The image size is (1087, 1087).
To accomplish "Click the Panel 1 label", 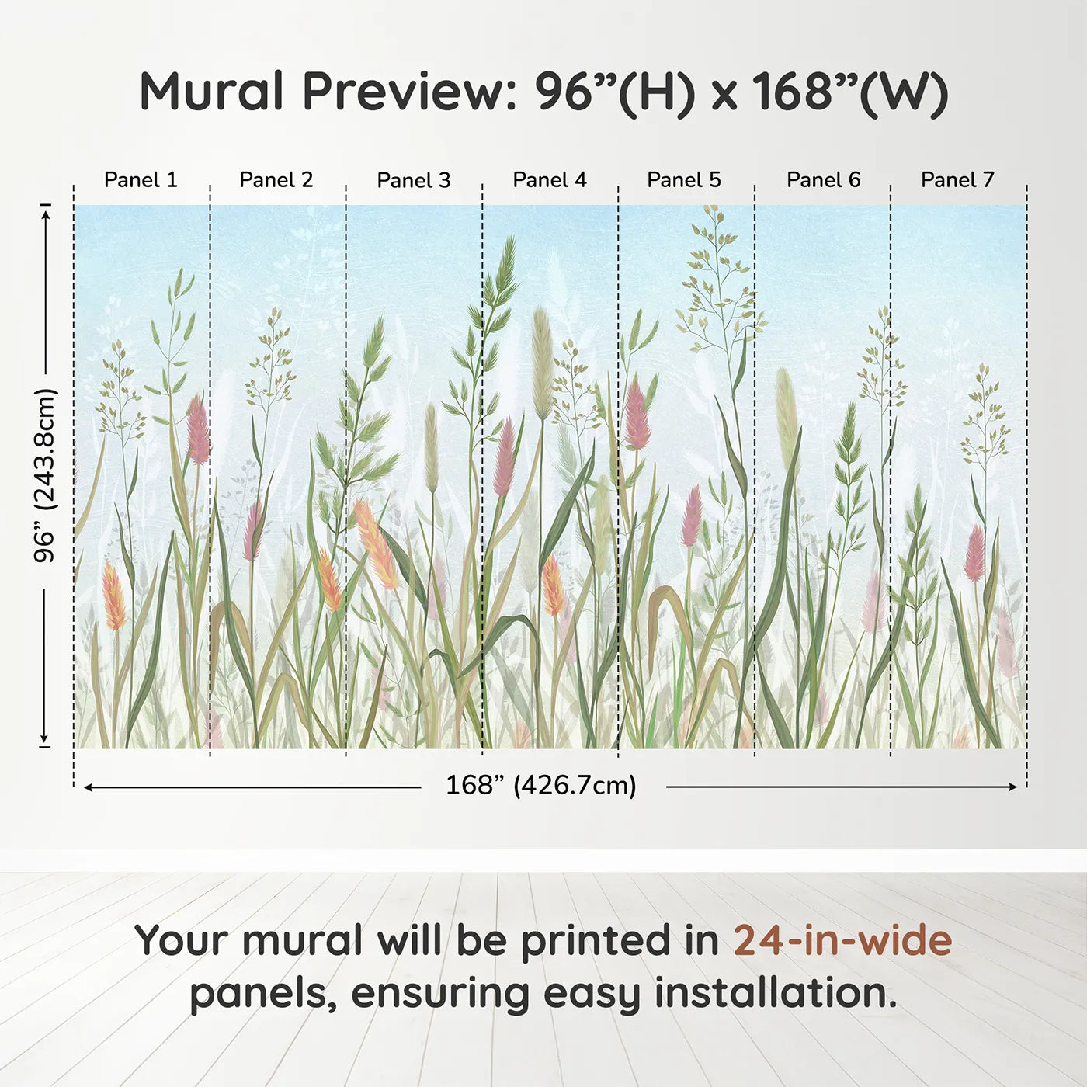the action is (x=141, y=180).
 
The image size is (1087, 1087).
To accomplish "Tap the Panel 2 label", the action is (x=276, y=180).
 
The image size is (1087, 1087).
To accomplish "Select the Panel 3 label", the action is (x=414, y=180).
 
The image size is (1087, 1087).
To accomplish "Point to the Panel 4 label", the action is (x=550, y=180).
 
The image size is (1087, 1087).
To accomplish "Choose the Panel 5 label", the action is (x=684, y=180).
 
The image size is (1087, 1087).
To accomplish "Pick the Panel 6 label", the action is (x=824, y=180).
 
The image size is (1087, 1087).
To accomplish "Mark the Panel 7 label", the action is (x=957, y=180).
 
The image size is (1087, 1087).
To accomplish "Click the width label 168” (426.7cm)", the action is (x=541, y=785).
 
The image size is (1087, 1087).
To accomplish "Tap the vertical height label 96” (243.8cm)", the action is (x=44, y=475).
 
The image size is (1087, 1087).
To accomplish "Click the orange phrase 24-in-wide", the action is (x=842, y=939).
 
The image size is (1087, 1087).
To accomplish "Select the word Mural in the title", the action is (x=211, y=92).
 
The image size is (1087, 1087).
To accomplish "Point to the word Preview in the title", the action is (x=409, y=92).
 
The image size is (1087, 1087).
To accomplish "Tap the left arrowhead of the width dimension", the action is (x=88, y=787).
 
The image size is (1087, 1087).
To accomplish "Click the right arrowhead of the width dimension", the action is (x=1013, y=787).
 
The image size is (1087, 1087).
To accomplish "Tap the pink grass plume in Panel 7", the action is (x=974, y=554).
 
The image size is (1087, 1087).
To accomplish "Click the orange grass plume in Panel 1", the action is (x=113, y=596).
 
